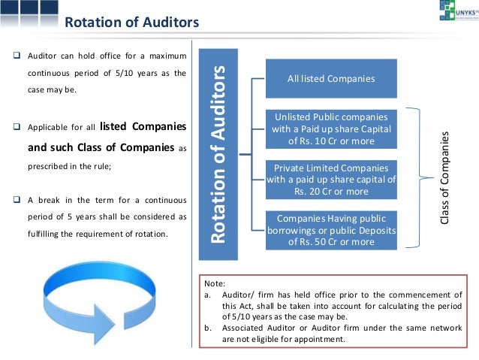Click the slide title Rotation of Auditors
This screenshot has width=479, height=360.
131,22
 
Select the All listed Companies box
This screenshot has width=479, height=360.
331,78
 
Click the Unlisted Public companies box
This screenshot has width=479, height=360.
331,128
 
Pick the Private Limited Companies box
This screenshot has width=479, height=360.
331,180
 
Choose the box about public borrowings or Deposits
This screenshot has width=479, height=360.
331,230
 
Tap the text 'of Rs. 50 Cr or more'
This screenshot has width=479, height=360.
331,242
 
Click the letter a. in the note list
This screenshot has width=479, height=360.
207,295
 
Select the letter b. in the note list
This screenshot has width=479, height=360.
207,328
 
